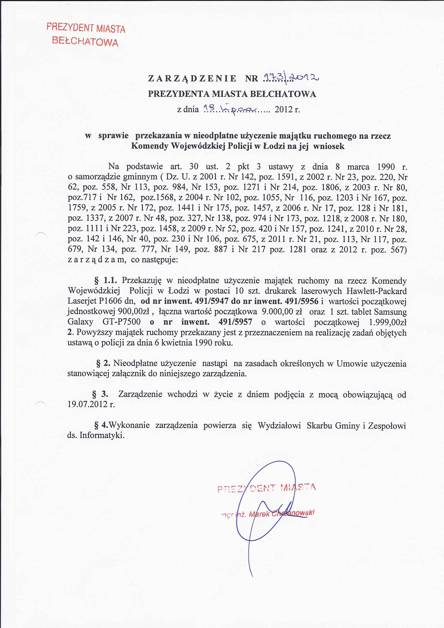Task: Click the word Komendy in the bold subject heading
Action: (x=150, y=146)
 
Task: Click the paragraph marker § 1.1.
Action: (x=106, y=280)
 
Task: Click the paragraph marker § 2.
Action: (x=103, y=364)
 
